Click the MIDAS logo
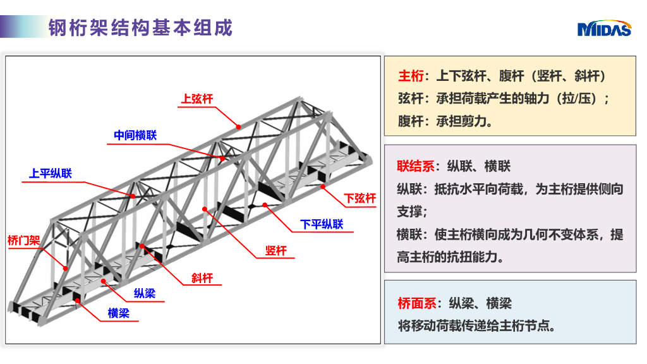pos(603,28)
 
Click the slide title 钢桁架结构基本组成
pos(140,28)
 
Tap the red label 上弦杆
pos(197,99)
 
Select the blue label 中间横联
pos(135,135)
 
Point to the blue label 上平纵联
pos(51,173)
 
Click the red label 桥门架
pos(23,240)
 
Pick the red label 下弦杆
pos(360,198)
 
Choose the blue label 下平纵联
pos(322,224)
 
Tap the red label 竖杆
pos(276,251)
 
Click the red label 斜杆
pos(202,278)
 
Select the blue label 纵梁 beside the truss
pos(144,293)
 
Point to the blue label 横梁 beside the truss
pos(118,313)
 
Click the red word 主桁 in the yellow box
pos(411,76)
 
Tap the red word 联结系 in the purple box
pos(416,166)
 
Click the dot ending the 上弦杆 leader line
pos(239,126)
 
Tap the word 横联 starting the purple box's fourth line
pos(409,234)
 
